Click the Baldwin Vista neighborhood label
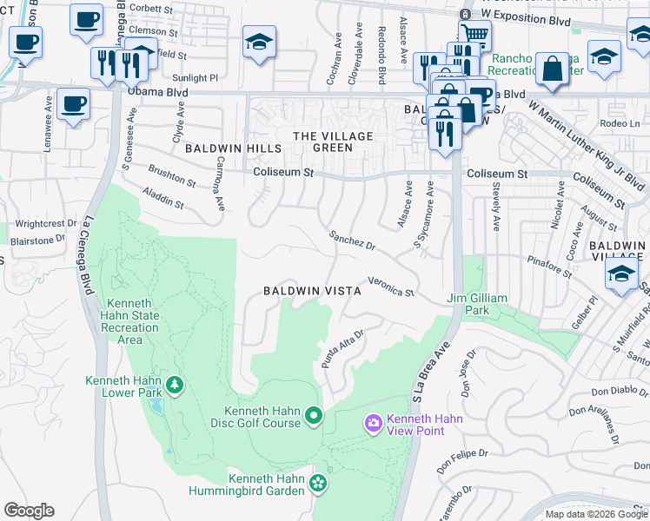click(313, 291)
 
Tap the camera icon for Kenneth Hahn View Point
click(373, 422)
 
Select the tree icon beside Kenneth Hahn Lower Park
click(175, 385)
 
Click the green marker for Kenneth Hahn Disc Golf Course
click(314, 419)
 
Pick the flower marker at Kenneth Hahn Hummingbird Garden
click(318, 482)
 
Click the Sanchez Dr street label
click(351, 241)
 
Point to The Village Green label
click(333, 142)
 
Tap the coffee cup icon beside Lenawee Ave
click(74, 106)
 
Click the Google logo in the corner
click(29, 511)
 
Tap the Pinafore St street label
click(547, 266)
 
